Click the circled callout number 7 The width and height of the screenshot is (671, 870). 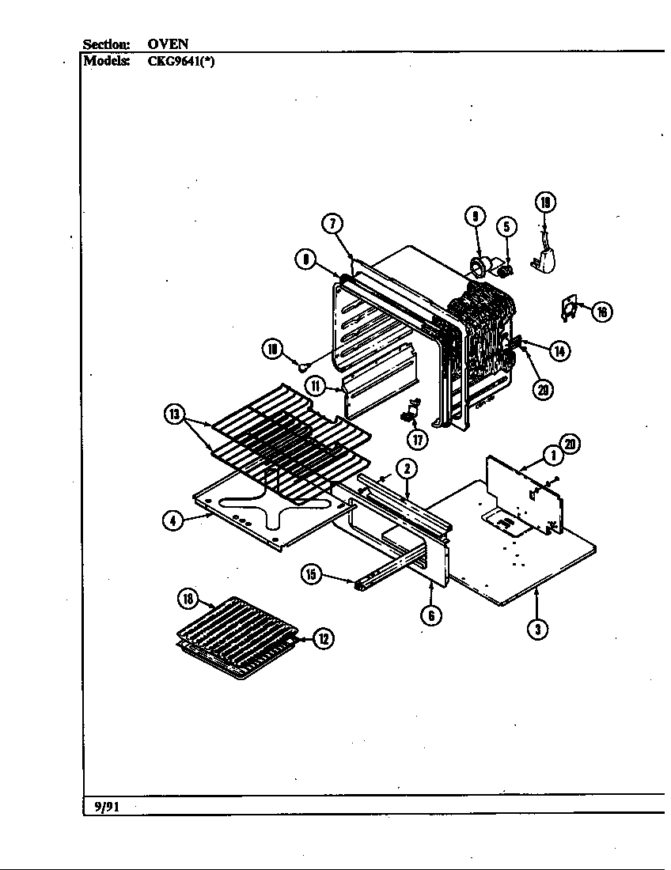point(332,224)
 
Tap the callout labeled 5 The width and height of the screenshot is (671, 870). point(507,227)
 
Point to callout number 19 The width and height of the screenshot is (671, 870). point(545,202)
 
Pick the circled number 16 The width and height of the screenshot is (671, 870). point(601,312)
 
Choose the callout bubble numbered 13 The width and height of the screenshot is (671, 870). point(174,414)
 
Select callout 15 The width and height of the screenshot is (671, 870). point(313,575)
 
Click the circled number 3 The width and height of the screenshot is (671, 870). point(538,629)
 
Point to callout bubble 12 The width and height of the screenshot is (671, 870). point(323,639)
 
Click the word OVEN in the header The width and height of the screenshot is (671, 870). point(168,44)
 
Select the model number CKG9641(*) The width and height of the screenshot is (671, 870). point(180,62)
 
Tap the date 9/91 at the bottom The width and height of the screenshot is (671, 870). point(101,807)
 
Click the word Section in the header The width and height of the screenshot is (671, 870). point(106,44)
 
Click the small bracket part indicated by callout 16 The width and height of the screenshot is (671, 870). point(568,308)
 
